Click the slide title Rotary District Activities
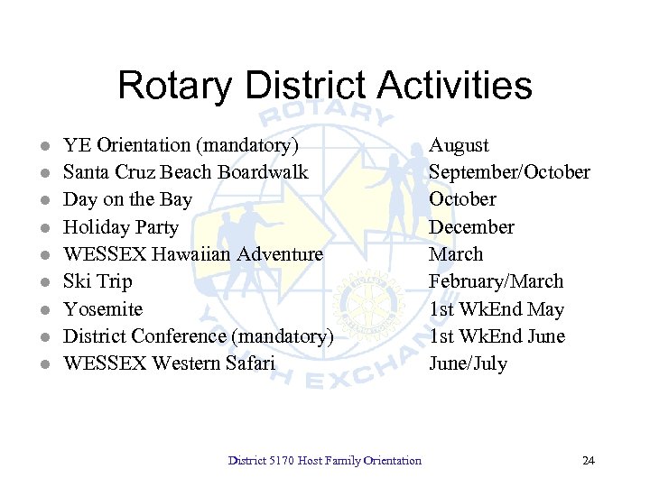(324, 86)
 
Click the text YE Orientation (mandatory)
(181, 145)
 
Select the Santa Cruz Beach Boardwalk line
(185, 172)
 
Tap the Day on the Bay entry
(127, 199)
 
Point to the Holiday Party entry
(121, 227)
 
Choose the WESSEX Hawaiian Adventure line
(192, 254)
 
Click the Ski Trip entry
(97, 281)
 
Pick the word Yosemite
(103, 309)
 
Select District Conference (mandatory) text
(199, 336)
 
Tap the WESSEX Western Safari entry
(169, 363)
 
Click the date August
(459, 145)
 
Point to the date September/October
(509, 172)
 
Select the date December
(471, 227)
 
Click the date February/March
(496, 281)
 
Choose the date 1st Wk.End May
(496, 309)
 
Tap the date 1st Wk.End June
(497, 336)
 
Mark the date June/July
(468, 363)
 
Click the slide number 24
(589, 461)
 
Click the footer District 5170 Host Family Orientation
(325, 461)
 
